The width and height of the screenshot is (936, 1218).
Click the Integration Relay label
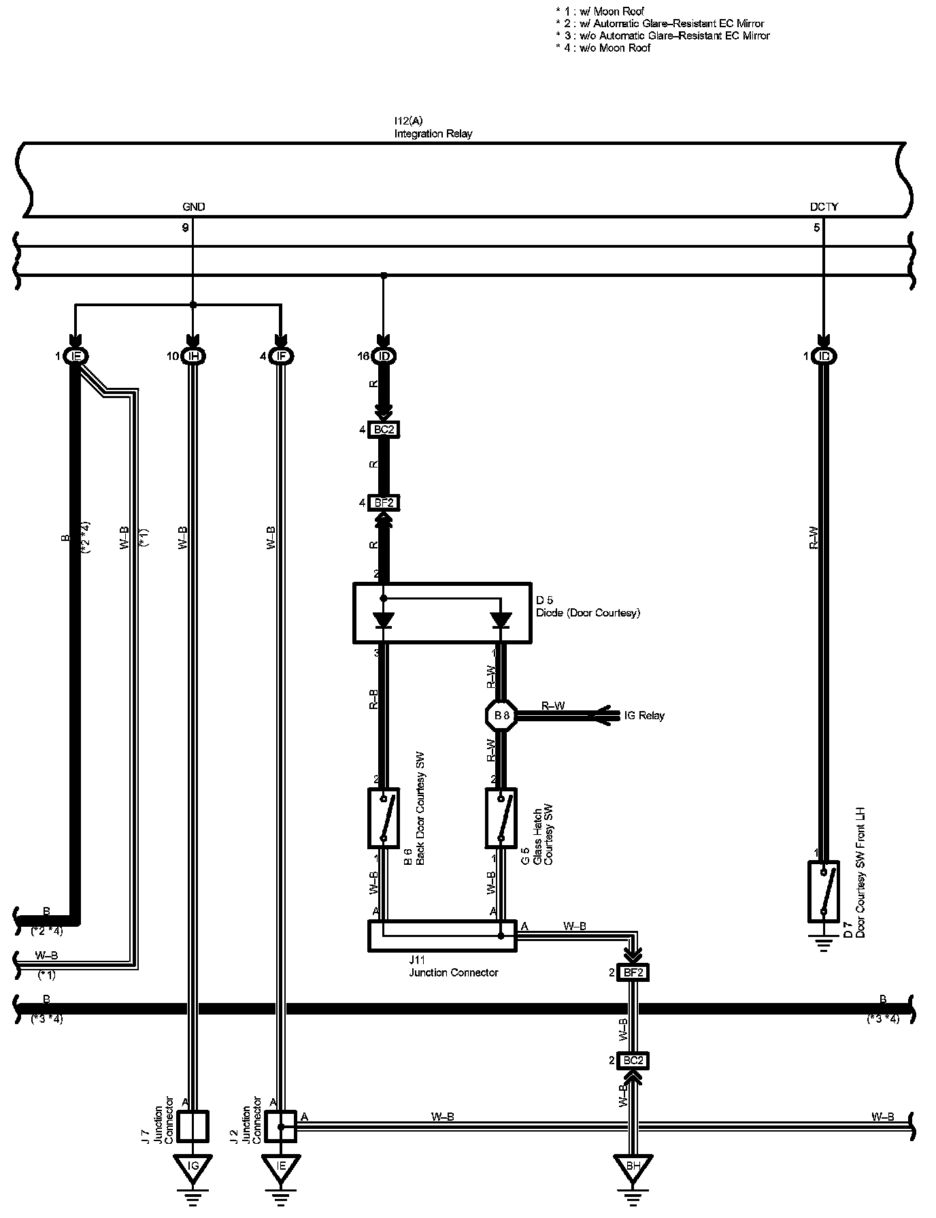coord(433,133)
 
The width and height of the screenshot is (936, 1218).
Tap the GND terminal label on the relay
coord(193,207)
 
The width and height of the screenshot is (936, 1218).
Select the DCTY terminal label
coord(824,207)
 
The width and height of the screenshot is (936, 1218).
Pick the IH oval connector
coord(194,356)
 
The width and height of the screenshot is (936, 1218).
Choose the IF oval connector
coord(280,356)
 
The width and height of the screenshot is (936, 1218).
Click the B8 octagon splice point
coord(502,715)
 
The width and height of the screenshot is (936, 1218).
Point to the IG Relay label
coord(644,715)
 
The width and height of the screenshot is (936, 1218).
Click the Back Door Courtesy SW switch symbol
coord(384,818)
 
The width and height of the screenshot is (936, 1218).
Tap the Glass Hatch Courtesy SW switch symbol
coord(501,818)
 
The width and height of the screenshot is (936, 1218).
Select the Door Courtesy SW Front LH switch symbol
coord(824,891)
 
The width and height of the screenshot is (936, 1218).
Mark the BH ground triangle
coord(633,1166)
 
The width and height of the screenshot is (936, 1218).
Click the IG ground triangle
coord(193,1166)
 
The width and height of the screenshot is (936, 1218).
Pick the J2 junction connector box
coord(280,1125)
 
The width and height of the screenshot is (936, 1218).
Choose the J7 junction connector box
coord(193,1125)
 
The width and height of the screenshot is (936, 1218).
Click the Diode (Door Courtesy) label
coord(588,612)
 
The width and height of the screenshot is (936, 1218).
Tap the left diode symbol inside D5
coord(384,620)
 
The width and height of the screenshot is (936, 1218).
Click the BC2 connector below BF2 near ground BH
coord(633,1060)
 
